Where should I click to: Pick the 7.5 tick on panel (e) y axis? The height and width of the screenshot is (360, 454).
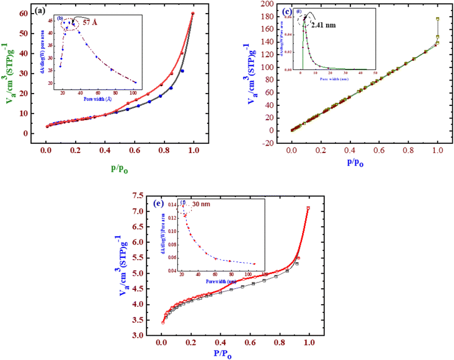click(142, 196)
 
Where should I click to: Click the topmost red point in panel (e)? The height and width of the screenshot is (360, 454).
click(308, 208)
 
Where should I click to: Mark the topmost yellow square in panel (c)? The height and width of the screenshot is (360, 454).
click(438, 19)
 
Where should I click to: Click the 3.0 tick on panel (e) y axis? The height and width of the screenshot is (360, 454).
click(143, 335)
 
